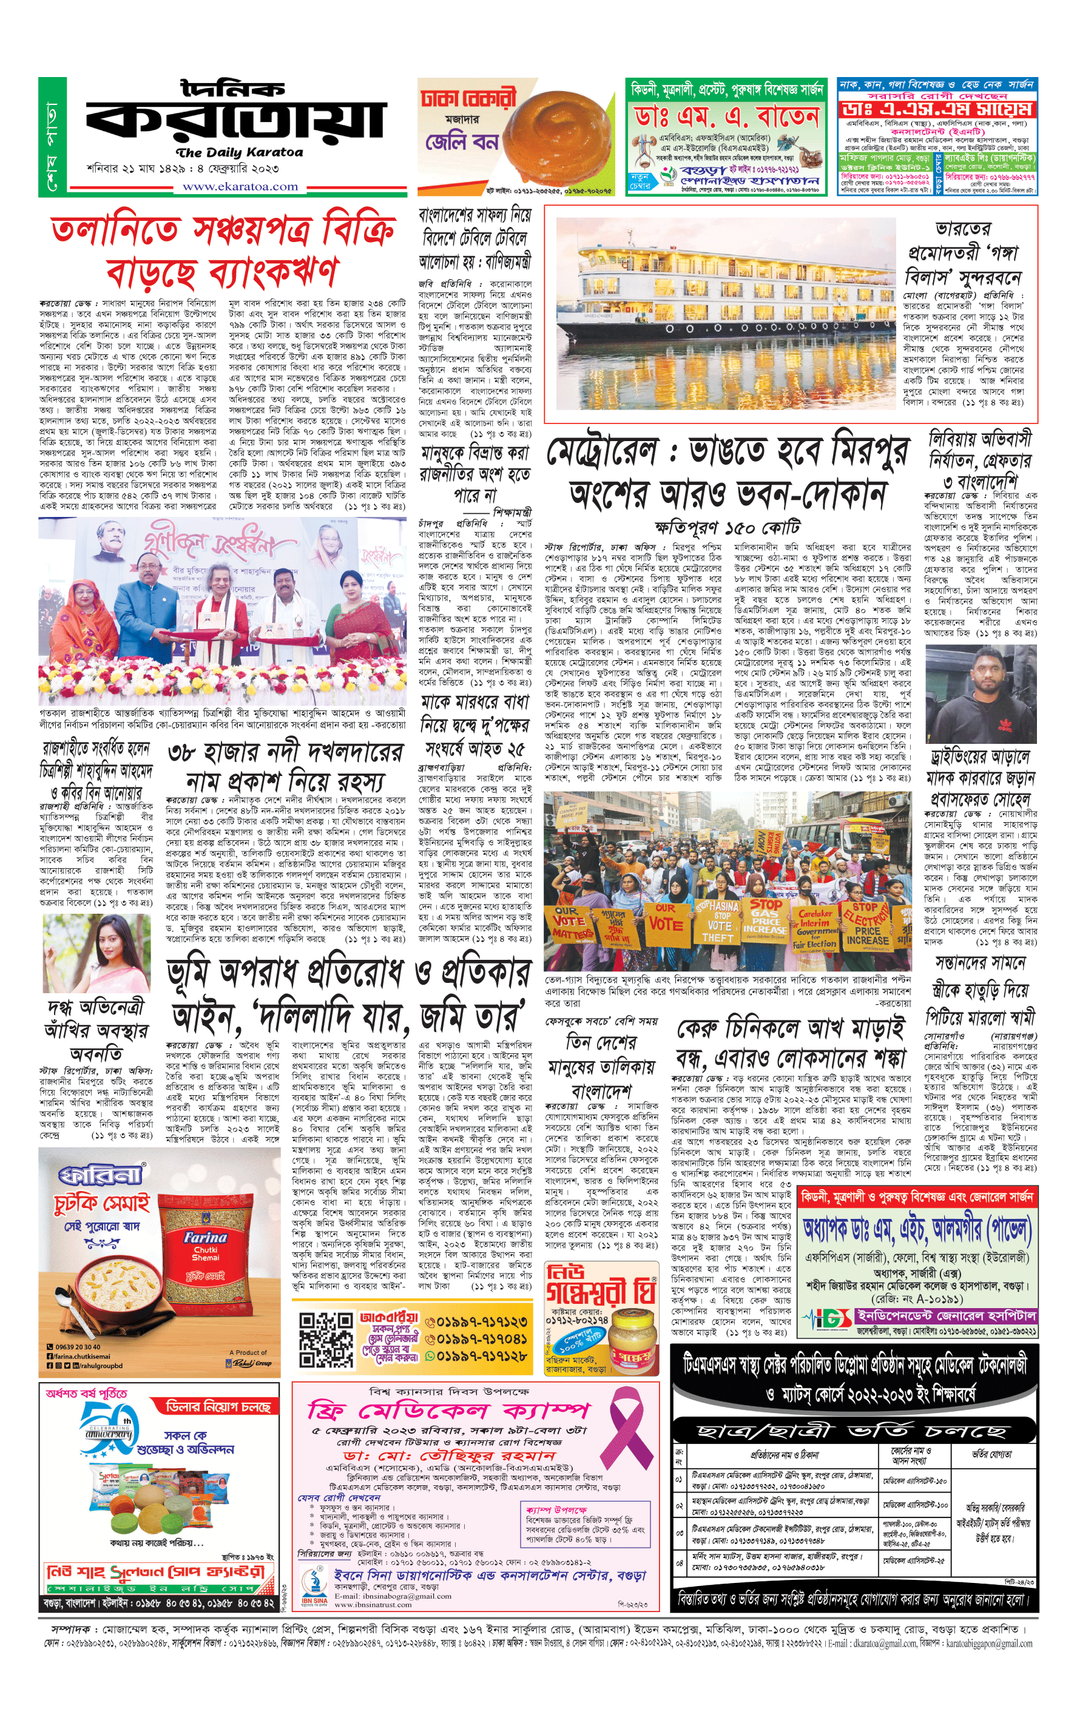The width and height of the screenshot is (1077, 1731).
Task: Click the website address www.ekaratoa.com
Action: coord(240,187)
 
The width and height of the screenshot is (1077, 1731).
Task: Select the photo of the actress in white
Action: coord(95,953)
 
